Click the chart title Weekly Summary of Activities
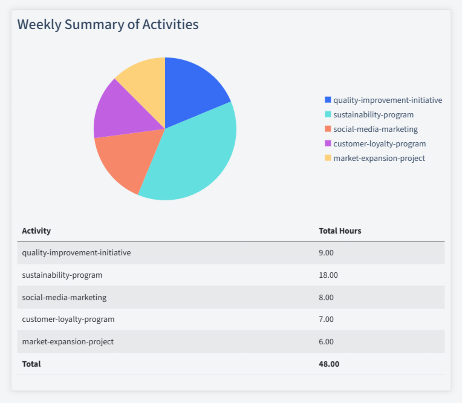108,25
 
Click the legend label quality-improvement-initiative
388,100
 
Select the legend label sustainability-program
373,114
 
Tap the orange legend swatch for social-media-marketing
328,129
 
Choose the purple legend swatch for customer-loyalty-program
328,143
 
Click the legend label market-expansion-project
379,158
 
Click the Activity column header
36,231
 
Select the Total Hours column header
340,231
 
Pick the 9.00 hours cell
327,253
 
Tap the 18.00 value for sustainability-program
328,275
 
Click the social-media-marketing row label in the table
64,297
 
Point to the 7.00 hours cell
327,319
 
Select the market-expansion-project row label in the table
68,341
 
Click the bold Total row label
31,364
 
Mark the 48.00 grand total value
329,364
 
